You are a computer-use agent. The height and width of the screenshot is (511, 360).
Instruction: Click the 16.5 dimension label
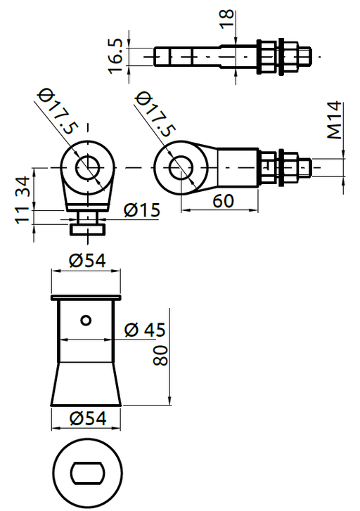point(115,56)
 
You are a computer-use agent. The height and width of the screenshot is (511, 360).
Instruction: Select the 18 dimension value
point(227,18)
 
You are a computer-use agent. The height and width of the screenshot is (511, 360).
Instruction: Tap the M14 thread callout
point(335,120)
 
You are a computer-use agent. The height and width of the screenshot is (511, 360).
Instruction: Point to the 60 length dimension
point(223,201)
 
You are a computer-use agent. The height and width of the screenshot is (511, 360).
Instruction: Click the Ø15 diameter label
point(142,210)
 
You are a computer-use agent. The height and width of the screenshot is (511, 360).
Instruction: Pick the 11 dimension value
point(22,215)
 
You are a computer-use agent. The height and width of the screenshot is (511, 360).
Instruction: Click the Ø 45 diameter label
point(145,330)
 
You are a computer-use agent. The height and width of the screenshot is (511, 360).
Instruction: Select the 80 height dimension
point(160,356)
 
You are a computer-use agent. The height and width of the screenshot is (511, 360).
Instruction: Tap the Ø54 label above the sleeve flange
point(87,261)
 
